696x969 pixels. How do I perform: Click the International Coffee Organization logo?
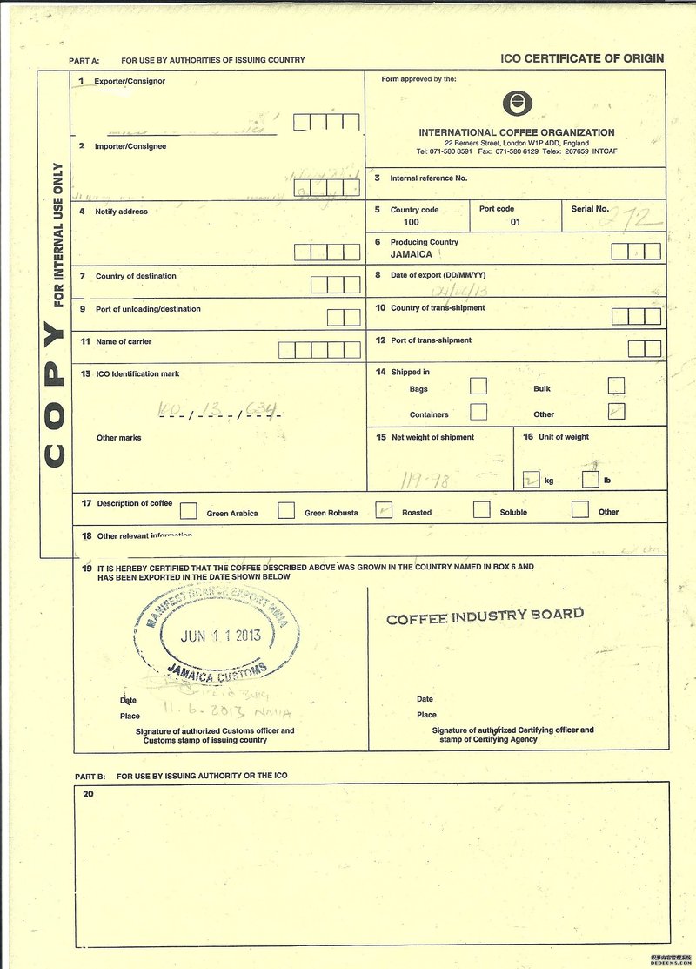[x=516, y=104]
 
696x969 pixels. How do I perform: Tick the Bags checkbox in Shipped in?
[x=478, y=386]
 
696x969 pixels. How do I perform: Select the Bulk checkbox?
[x=616, y=386]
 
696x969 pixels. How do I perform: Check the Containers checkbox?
[x=478, y=411]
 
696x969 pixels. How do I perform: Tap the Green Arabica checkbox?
[x=188, y=511]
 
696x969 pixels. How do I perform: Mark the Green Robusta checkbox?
[x=285, y=511]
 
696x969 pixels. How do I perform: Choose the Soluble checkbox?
[x=481, y=510]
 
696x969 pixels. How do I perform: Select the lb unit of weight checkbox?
[x=590, y=479]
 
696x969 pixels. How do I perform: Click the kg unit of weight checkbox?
[x=531, y=479]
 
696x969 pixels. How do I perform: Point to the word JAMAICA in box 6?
[x=412, y=254]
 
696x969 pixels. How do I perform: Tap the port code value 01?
[x=515, y=222]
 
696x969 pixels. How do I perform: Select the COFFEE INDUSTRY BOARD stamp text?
[x=485, y=617]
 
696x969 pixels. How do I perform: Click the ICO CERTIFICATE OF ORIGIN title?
[x=582, y=58]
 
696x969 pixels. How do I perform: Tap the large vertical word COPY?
[x=54, y=394]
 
